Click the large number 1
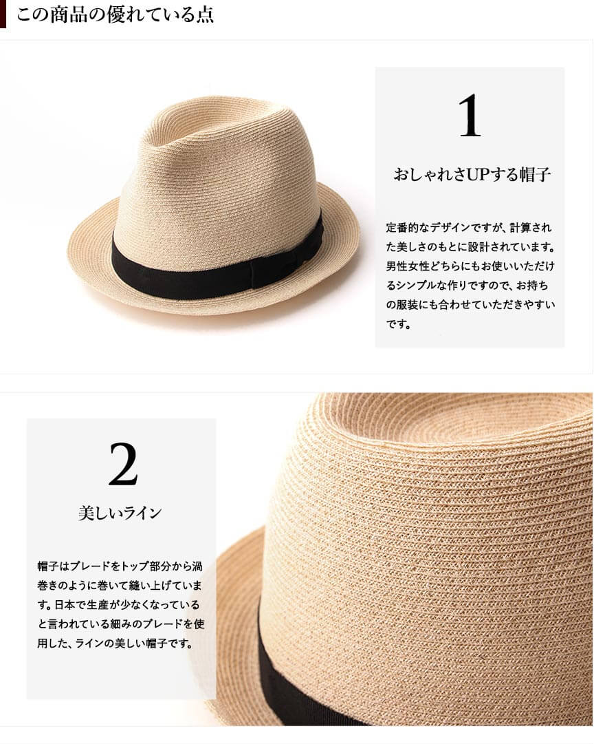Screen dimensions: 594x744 pos(470,116)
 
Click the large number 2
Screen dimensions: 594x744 pos(123,464)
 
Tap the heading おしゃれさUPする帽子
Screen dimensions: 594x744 pos(472,175)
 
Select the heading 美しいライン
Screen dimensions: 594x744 pos(120,513)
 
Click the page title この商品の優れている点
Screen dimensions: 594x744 pos(115,14)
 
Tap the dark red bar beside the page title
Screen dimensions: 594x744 pos(3,14)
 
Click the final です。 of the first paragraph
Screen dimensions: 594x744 pos(399,324)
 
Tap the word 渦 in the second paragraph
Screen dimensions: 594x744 pos(197,566)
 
